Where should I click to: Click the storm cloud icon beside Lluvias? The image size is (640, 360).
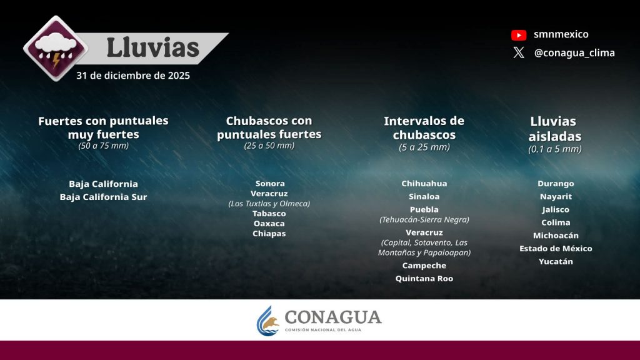click(56, 49)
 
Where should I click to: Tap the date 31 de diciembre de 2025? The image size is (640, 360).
click(133, 76)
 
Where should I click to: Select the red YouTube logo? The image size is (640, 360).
click(519, 35)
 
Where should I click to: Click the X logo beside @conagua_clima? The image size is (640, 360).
click(519, 52)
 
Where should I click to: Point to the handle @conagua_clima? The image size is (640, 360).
click(574, 53)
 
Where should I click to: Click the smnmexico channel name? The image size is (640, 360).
click(561, 34)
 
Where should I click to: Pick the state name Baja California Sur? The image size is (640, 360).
click(103, 197)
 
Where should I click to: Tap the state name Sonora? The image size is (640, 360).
click(270, 183)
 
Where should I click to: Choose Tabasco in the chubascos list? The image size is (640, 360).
click(269, 214)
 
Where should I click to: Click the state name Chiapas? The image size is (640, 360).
click(269, 234)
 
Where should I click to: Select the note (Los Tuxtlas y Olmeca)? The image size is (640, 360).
click(269, 203)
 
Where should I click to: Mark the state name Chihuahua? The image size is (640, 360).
click(424, 183)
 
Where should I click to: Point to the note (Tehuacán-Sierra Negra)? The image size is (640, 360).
click(424, 219)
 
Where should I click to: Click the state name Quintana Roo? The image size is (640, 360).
click(424, 278)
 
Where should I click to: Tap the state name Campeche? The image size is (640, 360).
click(424, 265)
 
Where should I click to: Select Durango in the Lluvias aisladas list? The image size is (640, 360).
click(556, 183)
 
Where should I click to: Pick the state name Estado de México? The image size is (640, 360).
click(556, 248)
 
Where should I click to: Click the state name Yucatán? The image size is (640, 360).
click(556, 261)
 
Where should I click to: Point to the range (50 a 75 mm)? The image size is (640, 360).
click(103, 146)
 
